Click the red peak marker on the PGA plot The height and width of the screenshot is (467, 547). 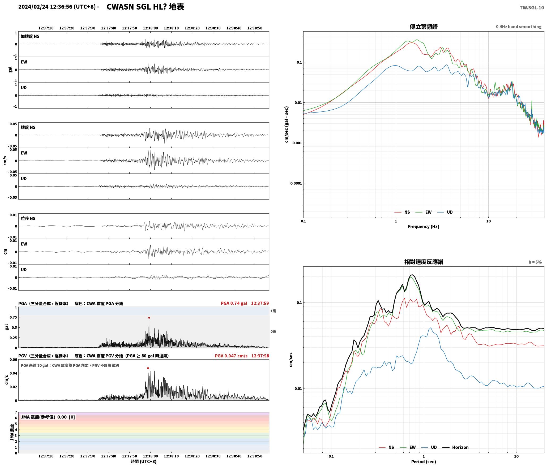click(x=149, y=318)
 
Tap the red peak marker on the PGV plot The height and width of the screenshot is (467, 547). click(x=148, y=368)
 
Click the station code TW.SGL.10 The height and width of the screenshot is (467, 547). click(x=532, y=8)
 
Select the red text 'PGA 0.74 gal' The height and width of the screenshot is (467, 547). click(x=234, y=303)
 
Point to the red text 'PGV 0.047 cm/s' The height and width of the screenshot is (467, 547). click(x=231, y=356)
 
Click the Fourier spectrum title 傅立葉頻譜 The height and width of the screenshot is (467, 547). click(x=424, y=27)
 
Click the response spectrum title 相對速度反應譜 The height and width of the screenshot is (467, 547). click(x=424, y=262)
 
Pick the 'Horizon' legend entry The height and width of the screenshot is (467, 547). click(x=455, y=447)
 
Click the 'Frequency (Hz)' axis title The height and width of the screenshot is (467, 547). click(x=424, y=227)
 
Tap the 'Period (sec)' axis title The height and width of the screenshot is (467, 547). click(x=424, y=462)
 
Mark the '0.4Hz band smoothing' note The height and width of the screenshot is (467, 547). click(x=519, y=27)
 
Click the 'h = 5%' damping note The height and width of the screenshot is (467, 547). click(x=535, y=262)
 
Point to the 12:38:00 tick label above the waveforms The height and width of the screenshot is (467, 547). click(x=150, y=28)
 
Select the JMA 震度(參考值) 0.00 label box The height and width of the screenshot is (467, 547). click(x=48, y=417)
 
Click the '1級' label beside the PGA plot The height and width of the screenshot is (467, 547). click(x=273, y=311)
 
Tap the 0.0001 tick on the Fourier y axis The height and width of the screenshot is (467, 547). click(x=296, y=183)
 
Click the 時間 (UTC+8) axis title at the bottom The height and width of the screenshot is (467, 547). click(x=143, y=461)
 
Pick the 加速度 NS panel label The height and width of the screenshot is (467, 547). click(x=30, y=36)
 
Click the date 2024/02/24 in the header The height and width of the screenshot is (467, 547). click(x=33, y=7)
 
